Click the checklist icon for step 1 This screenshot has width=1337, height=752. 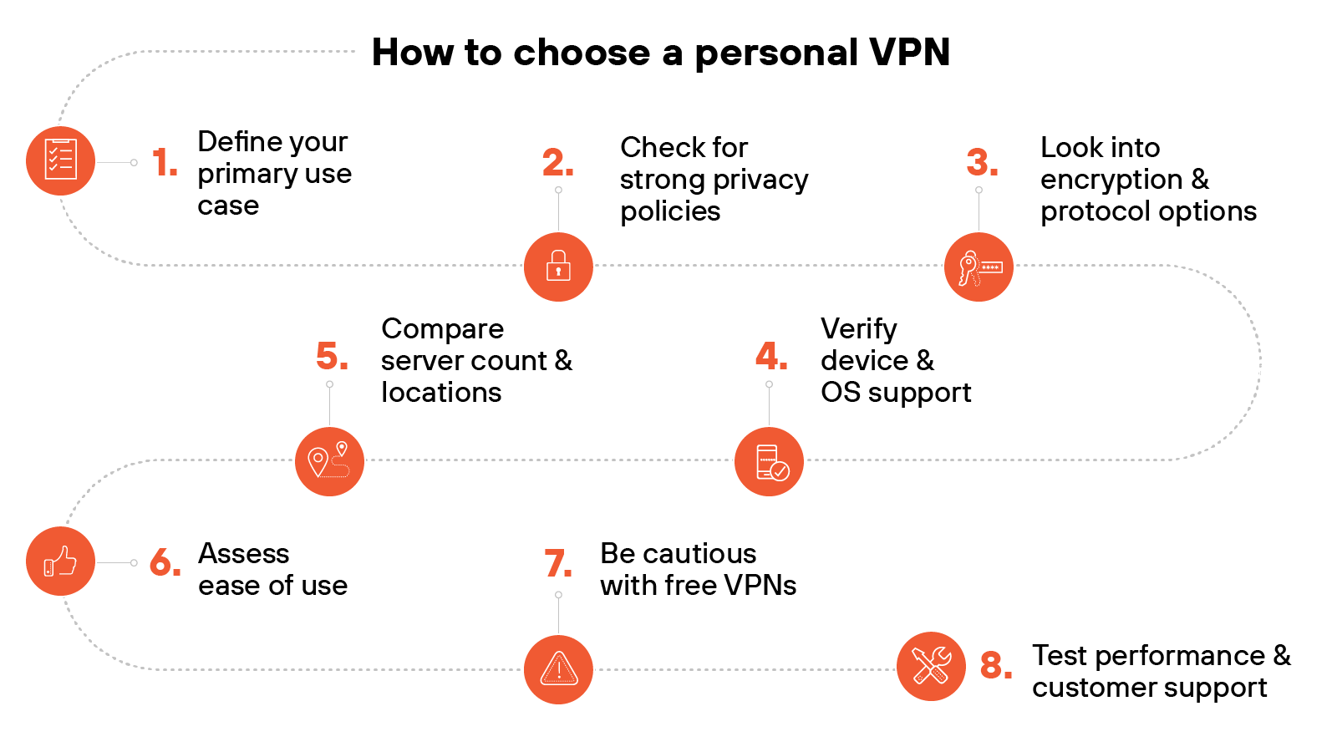(x=60, y=160)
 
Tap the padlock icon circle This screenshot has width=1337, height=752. (x=558, y=267)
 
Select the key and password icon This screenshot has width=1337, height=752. (x=979, y=267)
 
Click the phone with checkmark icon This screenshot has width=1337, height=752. (x=769, y=461)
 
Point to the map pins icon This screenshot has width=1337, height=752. (x=329, y=461)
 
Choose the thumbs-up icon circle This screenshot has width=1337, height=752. (x=60, y=561)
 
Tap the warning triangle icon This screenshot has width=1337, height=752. (x=558, y=669)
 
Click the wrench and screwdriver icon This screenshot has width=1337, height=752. (x=931, y=666)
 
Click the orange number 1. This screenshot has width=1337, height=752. (x=165, y=162)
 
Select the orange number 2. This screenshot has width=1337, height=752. (x=557, y=162)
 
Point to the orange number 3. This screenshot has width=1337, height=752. (x=982, y=162)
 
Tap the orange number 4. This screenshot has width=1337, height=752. (x=770, y=357)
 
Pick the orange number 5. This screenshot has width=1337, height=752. (x=332, y=357)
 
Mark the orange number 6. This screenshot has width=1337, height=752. (x=165, y=562)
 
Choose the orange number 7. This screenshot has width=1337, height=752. (x=558, y=563)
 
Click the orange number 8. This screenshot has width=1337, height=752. (x=996, y=666)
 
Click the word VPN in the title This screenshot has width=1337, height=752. (x=909, y=52)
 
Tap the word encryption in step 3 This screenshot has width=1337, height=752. (x=1111, y=180)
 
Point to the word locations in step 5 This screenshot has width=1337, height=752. (x=441, y=393)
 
